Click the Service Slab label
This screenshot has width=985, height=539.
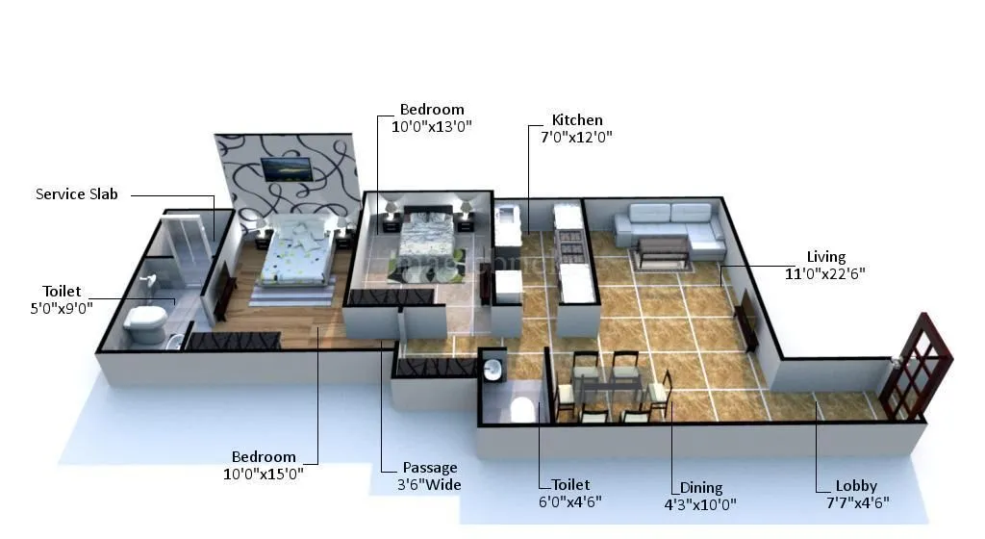[76, 194]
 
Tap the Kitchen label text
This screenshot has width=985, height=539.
[577, 120]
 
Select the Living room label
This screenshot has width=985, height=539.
[825, 257]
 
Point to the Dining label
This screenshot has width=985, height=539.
[700, 488]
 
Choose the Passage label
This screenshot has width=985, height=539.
[430, 468]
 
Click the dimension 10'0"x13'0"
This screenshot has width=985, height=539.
[432, 126]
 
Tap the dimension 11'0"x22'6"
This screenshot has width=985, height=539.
[825, 273]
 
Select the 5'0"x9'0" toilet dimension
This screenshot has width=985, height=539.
[62, 307]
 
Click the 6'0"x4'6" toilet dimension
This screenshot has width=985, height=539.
[570, 501]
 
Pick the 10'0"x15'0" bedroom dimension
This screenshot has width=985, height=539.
[264, 473]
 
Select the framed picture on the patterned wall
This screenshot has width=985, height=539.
[287, 169]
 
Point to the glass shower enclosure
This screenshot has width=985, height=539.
[185, 245]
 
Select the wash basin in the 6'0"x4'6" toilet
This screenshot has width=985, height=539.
[493, 369]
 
